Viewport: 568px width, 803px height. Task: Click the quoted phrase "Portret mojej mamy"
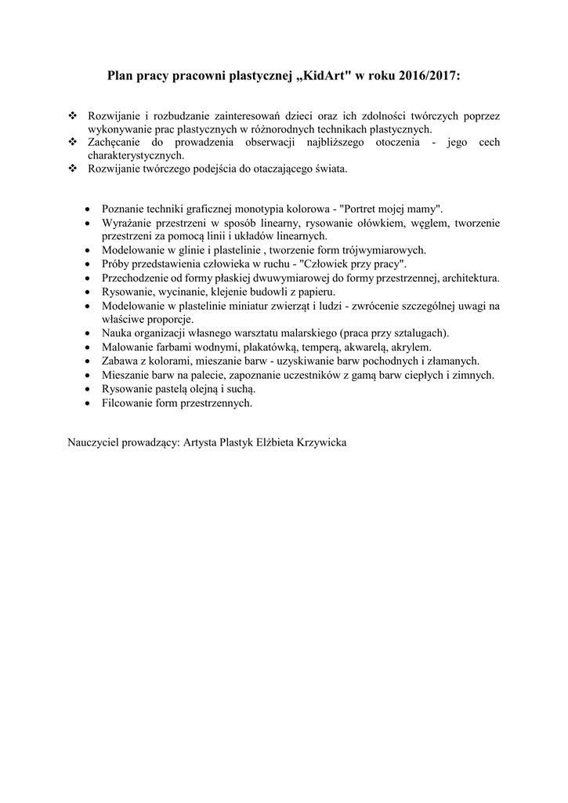(x=391, y=209)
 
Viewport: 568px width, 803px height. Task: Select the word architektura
(x=471, y=277)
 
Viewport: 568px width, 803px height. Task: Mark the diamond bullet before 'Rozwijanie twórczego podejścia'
(x=73, y=168)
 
